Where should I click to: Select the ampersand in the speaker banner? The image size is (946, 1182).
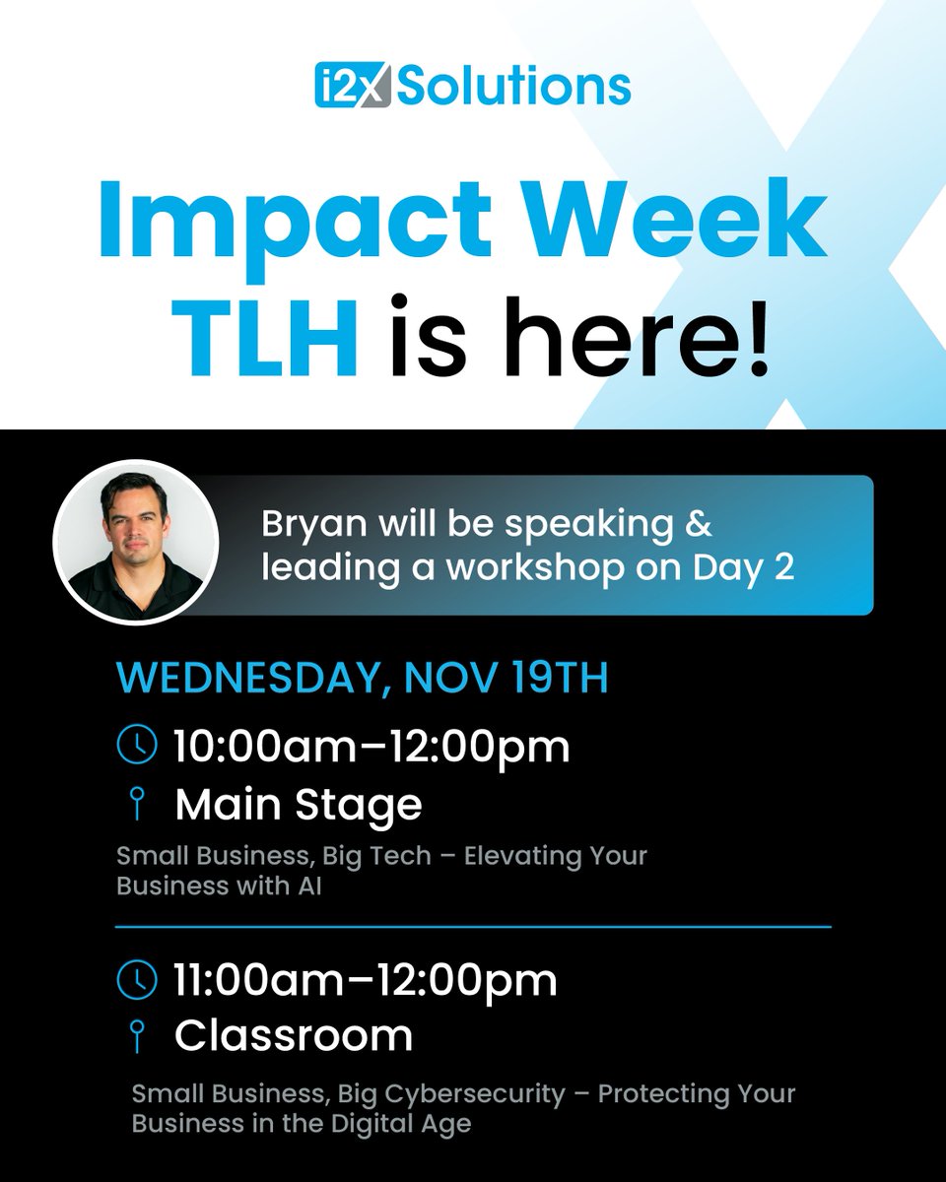point(699,525)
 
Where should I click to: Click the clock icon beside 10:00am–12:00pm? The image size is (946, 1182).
point(136,745)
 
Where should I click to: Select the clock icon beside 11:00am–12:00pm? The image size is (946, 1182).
point(136,979)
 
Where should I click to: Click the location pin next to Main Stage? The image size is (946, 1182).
point(136,806)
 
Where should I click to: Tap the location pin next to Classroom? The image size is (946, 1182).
point(136,1037)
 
